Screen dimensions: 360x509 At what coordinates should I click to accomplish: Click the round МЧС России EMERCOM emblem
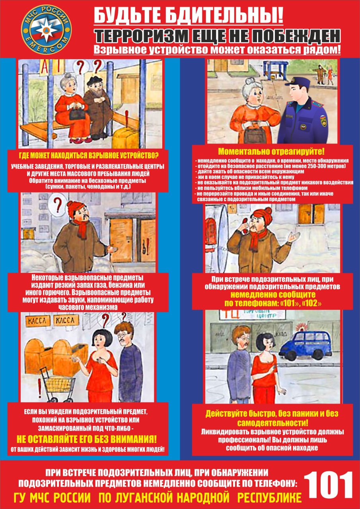pos(47,31)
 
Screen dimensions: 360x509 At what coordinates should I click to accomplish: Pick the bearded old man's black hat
pos(93,81)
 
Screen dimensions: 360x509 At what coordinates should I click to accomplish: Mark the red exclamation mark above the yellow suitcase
pos(127,119)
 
